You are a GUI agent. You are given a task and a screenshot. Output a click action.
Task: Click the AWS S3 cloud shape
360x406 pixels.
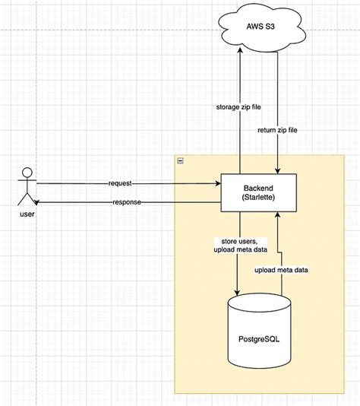point(259,28)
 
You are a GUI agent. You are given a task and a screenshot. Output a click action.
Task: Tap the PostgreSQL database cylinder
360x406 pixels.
point(259,335)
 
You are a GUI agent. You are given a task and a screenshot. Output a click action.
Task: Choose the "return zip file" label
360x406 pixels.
point(279,131)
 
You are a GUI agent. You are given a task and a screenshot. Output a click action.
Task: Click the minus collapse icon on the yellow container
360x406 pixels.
point(179,161)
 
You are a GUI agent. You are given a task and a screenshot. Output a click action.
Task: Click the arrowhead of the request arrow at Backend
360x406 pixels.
point(217,183)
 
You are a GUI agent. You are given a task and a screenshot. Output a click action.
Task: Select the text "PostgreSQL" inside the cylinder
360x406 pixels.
point(259,338)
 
